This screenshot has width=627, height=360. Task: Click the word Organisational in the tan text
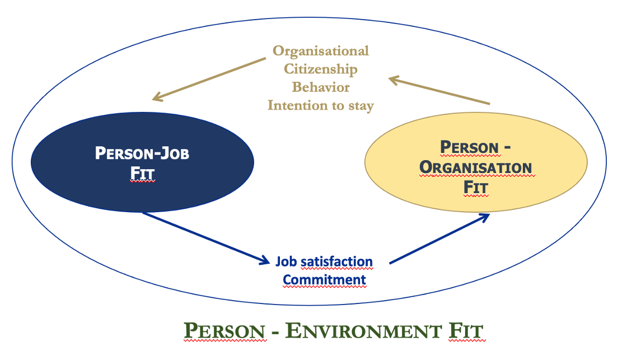coord(321,51)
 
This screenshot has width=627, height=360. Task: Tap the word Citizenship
coord(321,69)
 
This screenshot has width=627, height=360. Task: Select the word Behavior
coord(321,87)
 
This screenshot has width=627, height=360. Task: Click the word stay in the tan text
coord(361,106)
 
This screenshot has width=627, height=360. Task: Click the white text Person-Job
coord(142,153)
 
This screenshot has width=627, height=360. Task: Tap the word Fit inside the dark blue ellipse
coord(142,173)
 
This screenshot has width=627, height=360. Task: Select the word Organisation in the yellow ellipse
coord(475,167)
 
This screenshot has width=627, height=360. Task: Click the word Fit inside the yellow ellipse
coord(476,187)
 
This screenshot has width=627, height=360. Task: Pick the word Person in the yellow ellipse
coord(470,147)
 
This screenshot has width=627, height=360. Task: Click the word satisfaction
coord(336,261)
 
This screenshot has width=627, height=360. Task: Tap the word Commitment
coord(324,280)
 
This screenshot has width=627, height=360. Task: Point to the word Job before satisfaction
coord(286,261)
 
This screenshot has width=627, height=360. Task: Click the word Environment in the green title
coord(363,331)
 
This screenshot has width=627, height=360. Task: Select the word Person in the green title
coord(224,331)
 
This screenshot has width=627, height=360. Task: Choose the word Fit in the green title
coord(466,331)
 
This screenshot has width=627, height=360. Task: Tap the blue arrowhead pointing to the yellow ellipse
coord(484,218)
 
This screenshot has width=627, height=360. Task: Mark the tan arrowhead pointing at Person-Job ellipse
coord(158,96)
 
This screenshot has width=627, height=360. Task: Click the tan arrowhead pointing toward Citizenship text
coord(395,80)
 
